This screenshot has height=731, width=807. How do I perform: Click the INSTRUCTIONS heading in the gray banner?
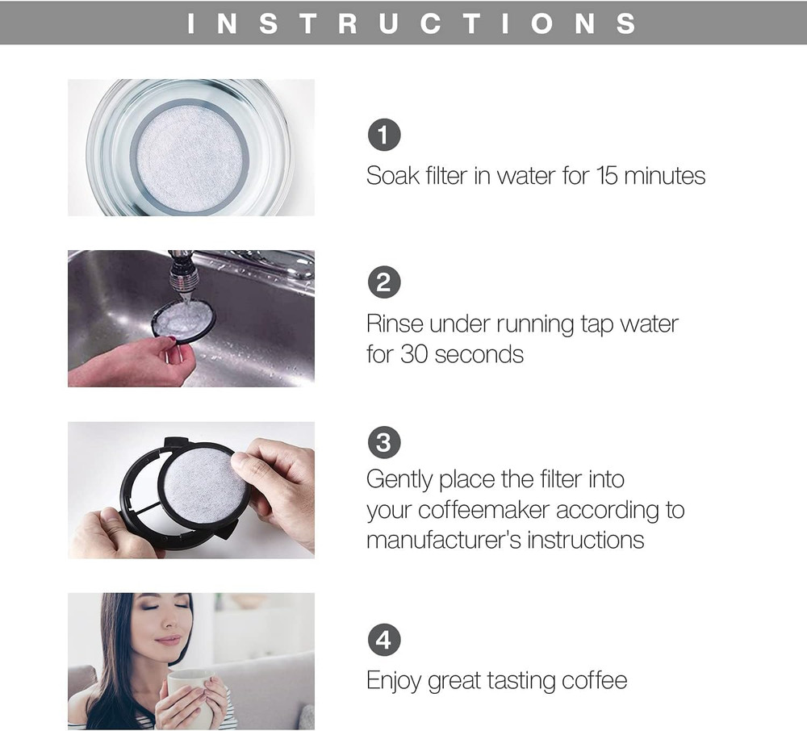[x=412, y=23]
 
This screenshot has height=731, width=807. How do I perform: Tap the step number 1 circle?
[x=384, y=135]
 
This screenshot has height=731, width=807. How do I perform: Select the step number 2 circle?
[x=384, y=282]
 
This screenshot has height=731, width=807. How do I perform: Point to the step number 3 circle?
[x=384, y=442]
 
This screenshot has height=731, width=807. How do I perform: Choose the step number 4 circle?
[x=384, y=640]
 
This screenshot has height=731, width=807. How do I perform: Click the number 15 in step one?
[x=607, y=176]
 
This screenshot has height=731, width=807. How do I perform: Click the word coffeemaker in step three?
[x=483, y=510]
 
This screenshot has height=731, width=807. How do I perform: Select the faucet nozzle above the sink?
[x=183, y=273]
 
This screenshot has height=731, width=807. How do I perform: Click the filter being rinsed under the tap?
[x=182, y=320]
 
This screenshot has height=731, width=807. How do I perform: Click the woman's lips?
[x=168, y=641]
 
